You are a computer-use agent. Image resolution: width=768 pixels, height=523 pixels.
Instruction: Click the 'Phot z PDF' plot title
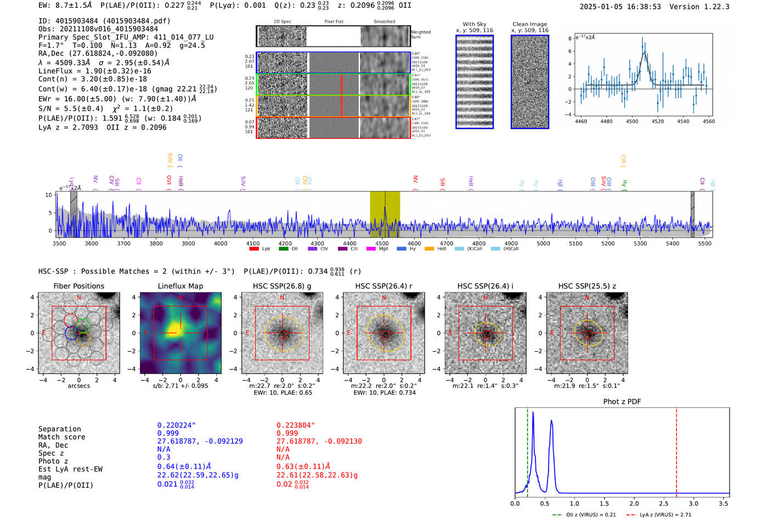[622, 402]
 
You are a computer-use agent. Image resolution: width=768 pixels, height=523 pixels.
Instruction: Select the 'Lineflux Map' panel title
[180, 286]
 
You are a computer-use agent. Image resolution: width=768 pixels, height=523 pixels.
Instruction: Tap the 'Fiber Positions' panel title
[78, 286]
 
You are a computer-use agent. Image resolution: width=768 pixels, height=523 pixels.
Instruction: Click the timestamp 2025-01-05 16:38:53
[620, 7]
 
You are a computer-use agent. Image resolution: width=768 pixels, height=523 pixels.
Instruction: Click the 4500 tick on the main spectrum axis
[382, 244]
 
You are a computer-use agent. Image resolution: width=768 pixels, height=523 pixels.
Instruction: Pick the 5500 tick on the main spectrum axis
[704, 244]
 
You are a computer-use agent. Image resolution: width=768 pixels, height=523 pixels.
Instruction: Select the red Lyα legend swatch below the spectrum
[254, 249]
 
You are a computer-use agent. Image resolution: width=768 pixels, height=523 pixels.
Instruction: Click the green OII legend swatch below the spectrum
[283, 249]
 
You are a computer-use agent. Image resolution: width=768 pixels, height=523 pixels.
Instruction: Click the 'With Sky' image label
[475, 24]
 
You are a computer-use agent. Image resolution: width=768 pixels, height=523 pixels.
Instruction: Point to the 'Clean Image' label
[529, 24]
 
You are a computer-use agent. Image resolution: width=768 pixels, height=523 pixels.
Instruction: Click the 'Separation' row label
[59, 429]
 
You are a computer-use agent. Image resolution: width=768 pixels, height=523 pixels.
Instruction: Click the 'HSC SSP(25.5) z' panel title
[587, 286]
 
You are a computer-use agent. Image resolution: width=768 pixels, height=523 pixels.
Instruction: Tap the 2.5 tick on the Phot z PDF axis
[664, 503]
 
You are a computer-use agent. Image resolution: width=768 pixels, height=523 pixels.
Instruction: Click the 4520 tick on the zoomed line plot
[658, 121]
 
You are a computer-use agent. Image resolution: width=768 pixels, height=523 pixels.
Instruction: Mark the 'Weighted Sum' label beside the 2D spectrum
[421, 35]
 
